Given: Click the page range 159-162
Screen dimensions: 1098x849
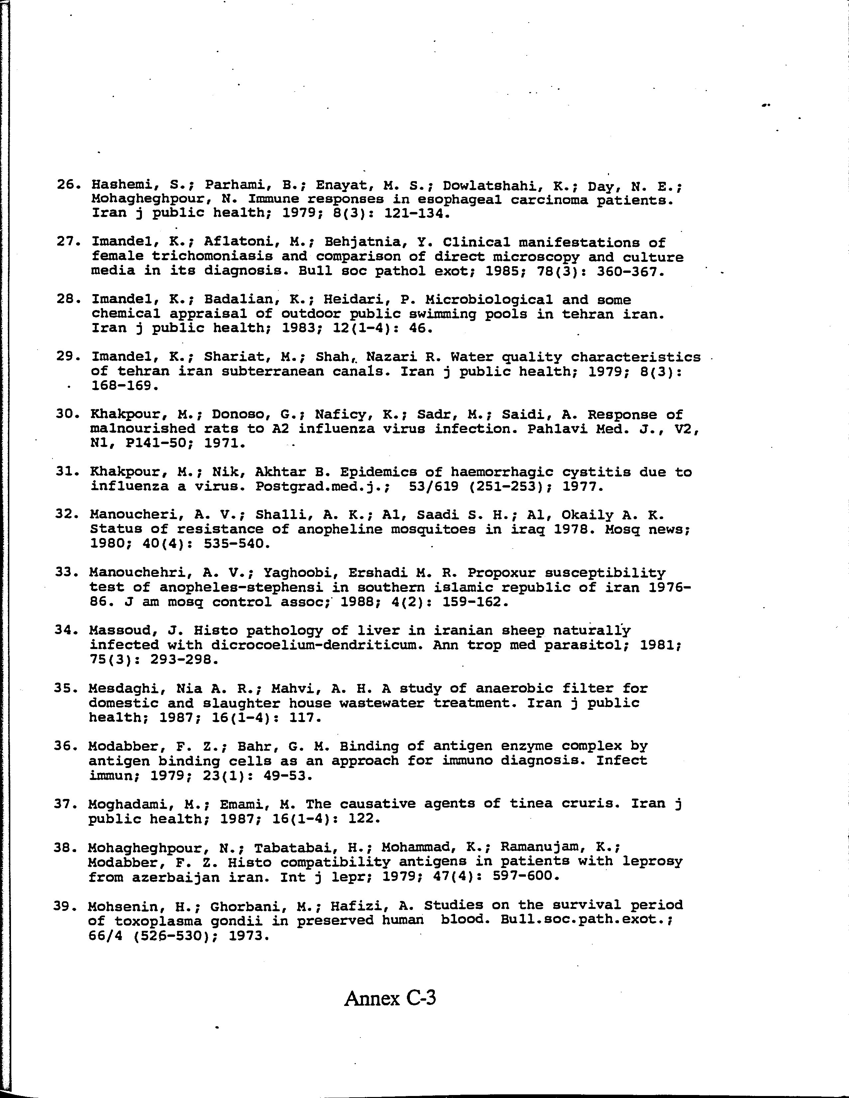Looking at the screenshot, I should tap(475, 602).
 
